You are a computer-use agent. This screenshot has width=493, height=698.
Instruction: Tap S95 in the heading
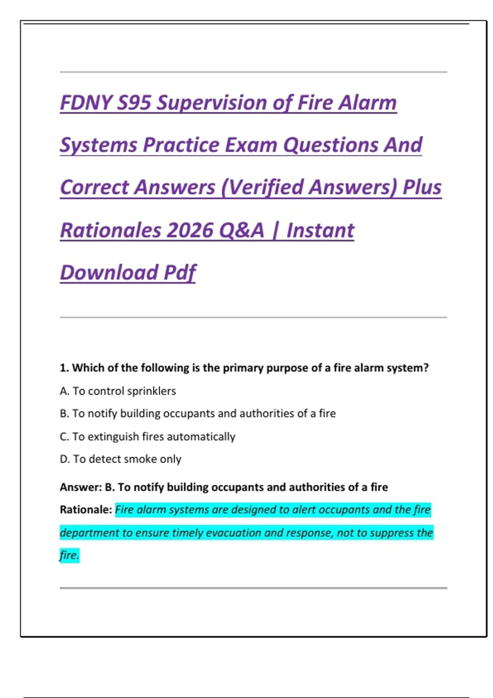(x=134, y=103)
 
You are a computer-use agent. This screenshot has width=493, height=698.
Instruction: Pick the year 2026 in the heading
(x=190, y=230)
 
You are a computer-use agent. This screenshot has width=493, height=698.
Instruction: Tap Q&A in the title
(x=242, y=230)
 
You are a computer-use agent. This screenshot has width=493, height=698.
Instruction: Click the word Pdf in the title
(x=180, y=273)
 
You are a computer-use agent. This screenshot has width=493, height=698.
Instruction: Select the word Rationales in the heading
(x=111, y=230)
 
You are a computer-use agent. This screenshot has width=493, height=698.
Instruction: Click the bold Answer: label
(x=81, y=487)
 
